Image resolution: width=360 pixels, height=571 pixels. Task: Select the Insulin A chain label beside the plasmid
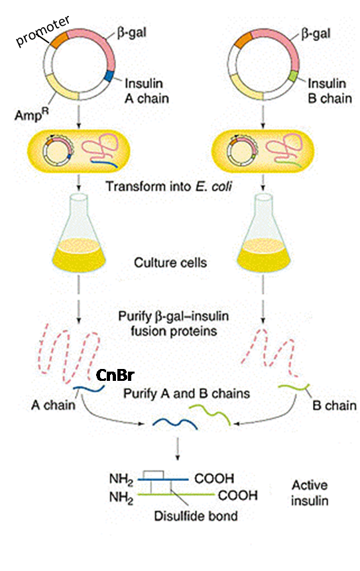click(x=147, y=91)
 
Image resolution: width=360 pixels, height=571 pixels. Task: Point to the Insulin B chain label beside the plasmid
click(x=329, y=91)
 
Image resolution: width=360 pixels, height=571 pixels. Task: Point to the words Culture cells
click(x=179, y=262)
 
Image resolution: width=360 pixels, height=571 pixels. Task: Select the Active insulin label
click(x=309, y=492)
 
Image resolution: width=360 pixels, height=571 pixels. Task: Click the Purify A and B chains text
click(x=187, y=393)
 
